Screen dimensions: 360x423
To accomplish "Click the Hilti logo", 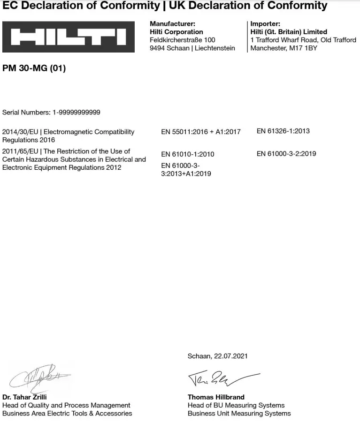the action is point(68,37).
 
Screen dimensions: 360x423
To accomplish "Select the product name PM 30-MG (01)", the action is point(34,68).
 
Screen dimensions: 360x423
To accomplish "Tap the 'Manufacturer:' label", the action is point(172,23).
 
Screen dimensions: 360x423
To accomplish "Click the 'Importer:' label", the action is point(265,23).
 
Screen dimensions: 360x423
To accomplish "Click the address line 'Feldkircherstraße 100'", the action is point(182,40).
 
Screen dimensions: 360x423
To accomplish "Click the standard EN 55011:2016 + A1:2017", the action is point(200,132).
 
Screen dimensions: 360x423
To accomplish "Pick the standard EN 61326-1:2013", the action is point(283,131).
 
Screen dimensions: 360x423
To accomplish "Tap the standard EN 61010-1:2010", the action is point(187,154).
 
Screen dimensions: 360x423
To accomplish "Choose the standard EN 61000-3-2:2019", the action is point(286,153).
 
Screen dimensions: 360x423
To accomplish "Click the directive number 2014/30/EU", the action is point(20,132).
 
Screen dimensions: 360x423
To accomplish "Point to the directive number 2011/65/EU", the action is point(20,151).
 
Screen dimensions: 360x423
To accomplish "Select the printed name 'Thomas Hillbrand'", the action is point(216,397).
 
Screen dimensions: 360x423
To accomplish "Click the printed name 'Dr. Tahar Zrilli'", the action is point(24,397).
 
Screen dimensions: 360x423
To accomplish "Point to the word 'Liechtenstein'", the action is point(215,48).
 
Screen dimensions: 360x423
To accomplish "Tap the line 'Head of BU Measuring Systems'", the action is point(236,405).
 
